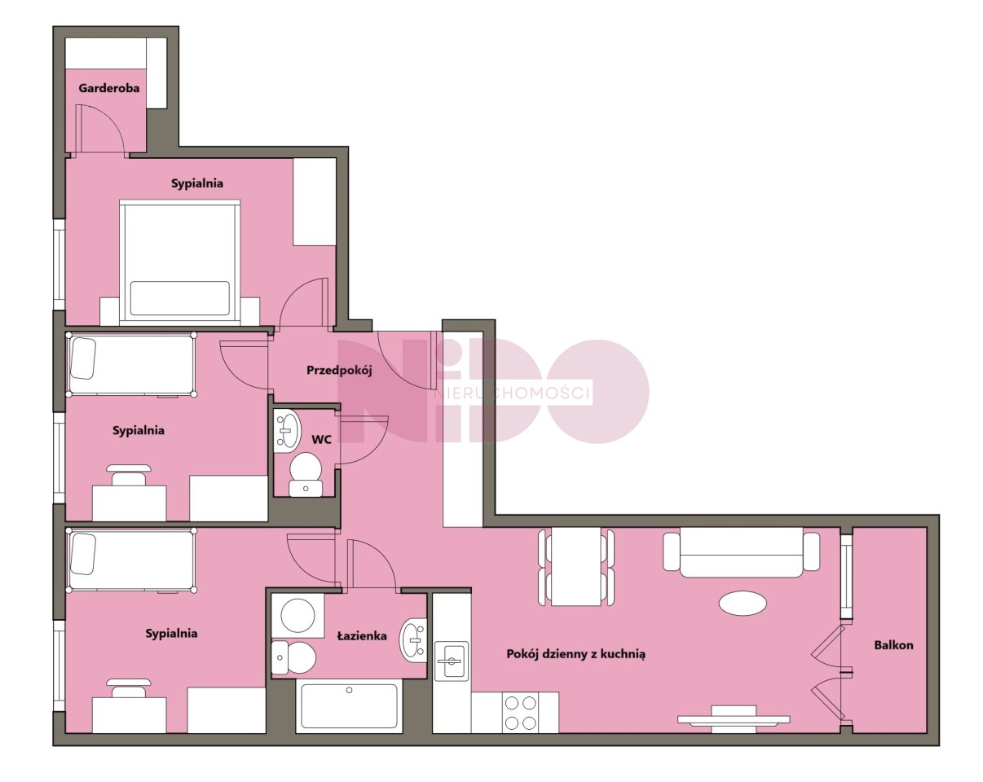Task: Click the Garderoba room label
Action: click(108, 88)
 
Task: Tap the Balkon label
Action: click(893, 645)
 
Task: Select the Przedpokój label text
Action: click(339, 371)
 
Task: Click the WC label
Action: click(322, 440)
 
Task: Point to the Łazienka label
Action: click(362, 636)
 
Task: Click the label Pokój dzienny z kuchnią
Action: click(575, 654)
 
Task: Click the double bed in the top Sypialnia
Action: click(179, 262)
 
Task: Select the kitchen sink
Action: click(452, 661)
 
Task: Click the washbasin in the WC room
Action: click(287, 430)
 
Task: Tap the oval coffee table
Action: click(743, 603)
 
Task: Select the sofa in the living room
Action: click(741, 552)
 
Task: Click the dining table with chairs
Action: click(575, 566)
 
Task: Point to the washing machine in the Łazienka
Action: click(298, 616)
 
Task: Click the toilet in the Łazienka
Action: click(293, 657)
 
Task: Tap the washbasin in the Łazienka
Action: click(413, 640)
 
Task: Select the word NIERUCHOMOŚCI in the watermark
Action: click(512, 393)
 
